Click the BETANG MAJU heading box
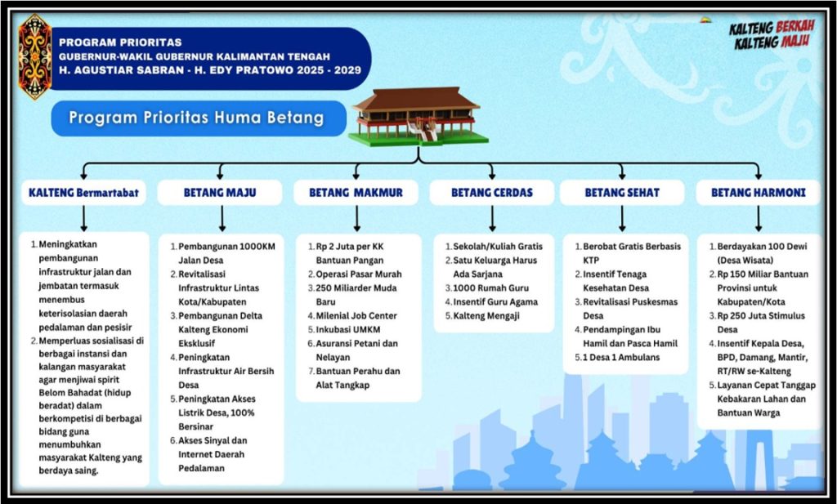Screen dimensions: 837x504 pos(220,193)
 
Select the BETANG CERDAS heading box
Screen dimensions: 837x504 pos(492,193)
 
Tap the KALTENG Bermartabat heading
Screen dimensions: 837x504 pos(84,193)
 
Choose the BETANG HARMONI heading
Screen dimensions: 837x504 pos(758,193)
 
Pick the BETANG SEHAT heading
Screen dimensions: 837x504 pos(622,193)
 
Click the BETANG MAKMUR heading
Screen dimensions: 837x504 pos(356,193)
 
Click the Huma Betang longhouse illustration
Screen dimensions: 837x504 pos(418,116)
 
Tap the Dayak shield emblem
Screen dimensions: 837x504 pos(34,56)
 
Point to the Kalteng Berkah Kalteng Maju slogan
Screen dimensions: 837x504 pos(772,34)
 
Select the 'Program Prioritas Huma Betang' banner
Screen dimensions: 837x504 pos(199,118)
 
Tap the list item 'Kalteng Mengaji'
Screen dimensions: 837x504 pos(482,316)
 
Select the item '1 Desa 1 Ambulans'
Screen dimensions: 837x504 pos(617,357)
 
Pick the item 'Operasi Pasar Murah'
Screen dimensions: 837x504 pos(355,274)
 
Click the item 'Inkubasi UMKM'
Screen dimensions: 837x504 pos(344,329)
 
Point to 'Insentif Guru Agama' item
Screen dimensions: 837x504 pos(491,302)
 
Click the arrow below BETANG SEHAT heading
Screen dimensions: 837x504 pos(622,219)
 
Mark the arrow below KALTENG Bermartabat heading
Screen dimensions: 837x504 pos(84,219)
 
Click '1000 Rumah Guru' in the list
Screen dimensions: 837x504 pos(487,288)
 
